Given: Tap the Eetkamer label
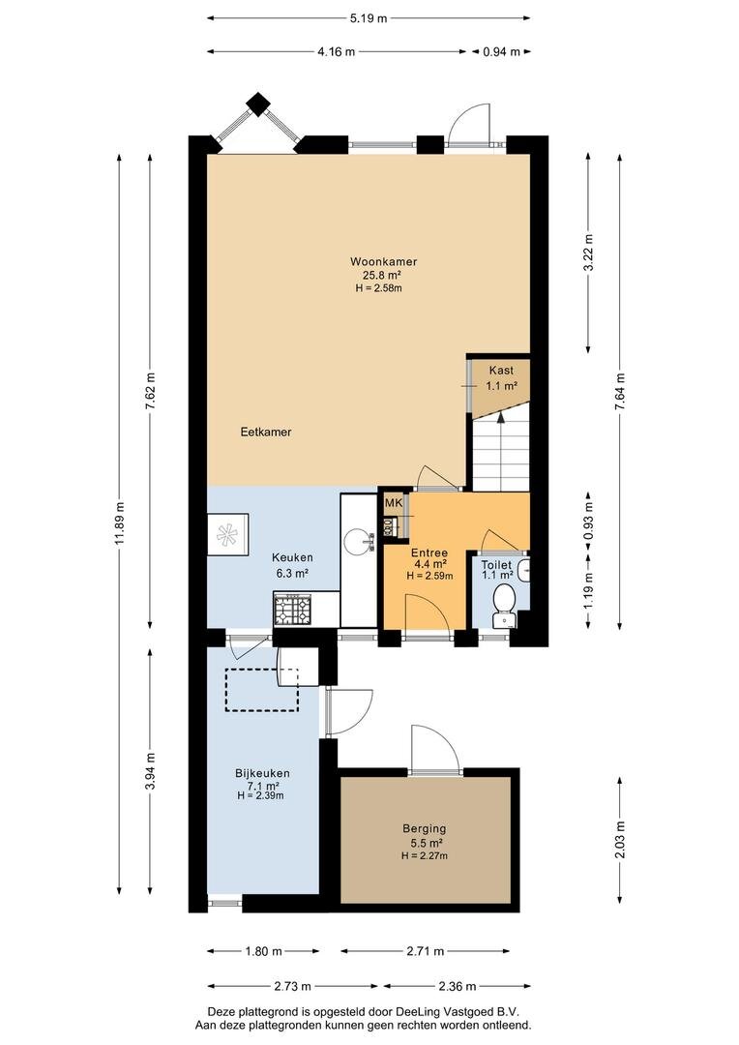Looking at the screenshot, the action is (x=266, y=432).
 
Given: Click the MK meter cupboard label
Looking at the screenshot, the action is (x=394, y=502).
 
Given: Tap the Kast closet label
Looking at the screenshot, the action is (x=501, y=371).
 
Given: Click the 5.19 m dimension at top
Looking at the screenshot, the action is (x=369, y=18).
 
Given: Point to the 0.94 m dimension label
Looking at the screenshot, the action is (x=501, y=51).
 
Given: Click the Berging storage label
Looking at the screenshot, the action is (x=424, y=829).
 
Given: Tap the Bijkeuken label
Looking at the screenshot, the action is (x=262, y=774).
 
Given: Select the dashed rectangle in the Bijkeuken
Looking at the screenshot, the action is (x=262, y=690).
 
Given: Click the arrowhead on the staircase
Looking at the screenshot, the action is (x=501, y=417).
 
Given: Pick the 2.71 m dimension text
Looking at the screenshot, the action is (x=426, y=951).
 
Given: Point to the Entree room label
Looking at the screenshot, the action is (x=429, y=553).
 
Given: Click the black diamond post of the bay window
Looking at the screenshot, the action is (x=257, y=104).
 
